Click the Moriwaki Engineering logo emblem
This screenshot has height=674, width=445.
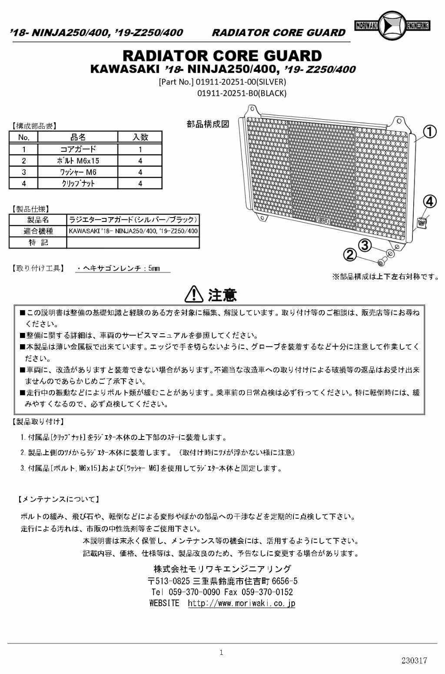[392, 26]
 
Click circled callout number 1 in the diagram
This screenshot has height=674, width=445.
[429, 131]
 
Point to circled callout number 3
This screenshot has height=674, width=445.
[364, 245]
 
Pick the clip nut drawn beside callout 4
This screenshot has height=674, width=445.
[421, 223]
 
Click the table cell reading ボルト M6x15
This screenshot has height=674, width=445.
[78, 161]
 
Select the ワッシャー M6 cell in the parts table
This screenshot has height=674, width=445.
[78, 172]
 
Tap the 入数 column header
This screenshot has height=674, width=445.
[140, 137]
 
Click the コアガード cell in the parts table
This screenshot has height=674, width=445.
[78, 149]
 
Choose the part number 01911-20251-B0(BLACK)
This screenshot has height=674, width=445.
[242, 93]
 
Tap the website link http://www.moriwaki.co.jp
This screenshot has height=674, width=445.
[241, 603]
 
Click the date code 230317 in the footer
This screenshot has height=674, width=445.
[414, 660]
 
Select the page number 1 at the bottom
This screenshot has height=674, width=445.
[222, 652]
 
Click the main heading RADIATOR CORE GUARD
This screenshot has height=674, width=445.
[222, 56]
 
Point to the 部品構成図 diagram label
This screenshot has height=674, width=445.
[208, 124]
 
